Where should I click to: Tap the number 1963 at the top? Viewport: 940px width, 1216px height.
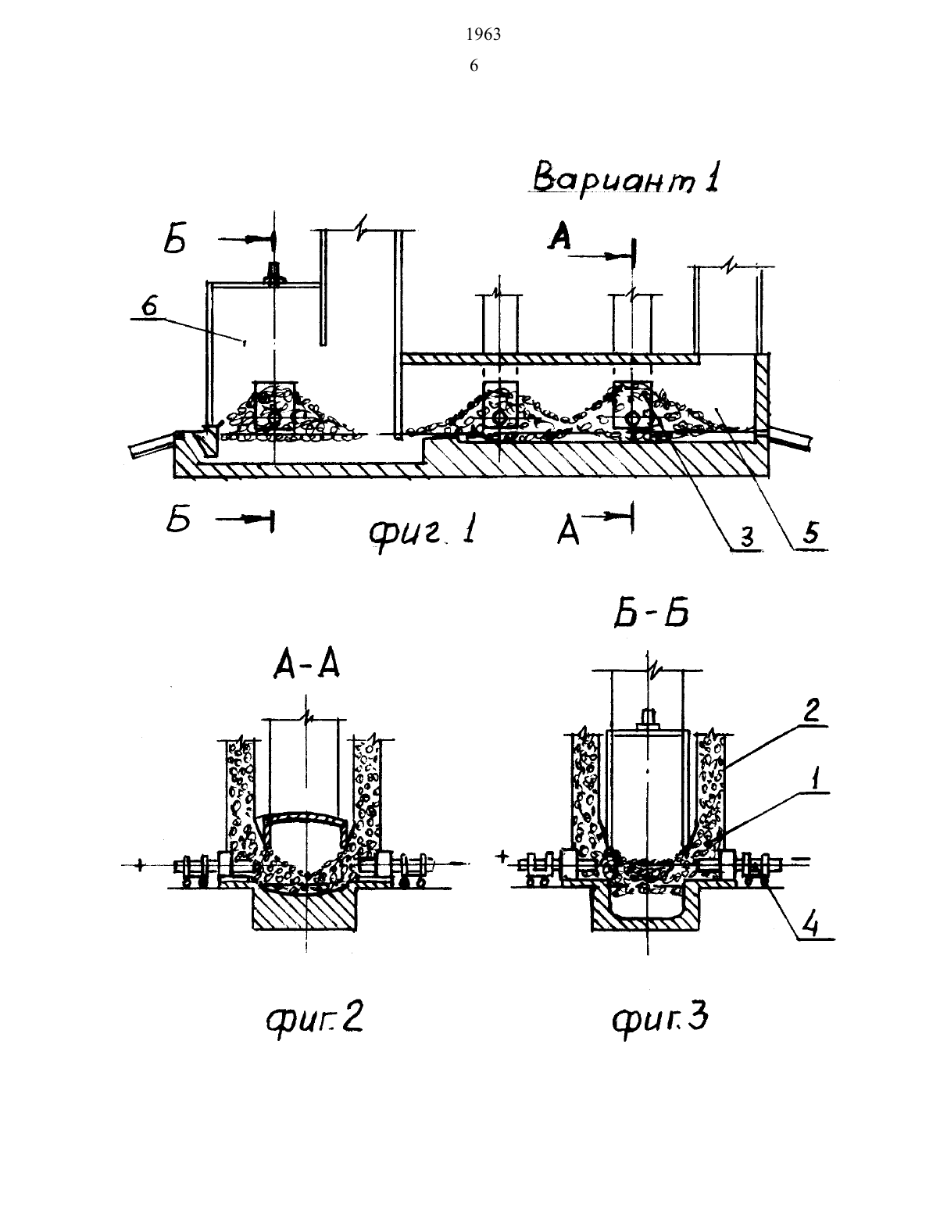(484, 34)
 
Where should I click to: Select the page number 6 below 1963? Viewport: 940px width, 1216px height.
(474, 66)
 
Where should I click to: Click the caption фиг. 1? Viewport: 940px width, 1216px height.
(423, 532)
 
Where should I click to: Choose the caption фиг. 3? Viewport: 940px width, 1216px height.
(660, 1017)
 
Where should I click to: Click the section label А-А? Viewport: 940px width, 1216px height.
(306, 666)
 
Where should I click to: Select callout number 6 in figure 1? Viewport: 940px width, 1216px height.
(148, 306)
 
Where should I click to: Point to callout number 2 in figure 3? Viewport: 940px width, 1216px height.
(811, 710)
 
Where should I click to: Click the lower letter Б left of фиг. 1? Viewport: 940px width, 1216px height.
(178, 520)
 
